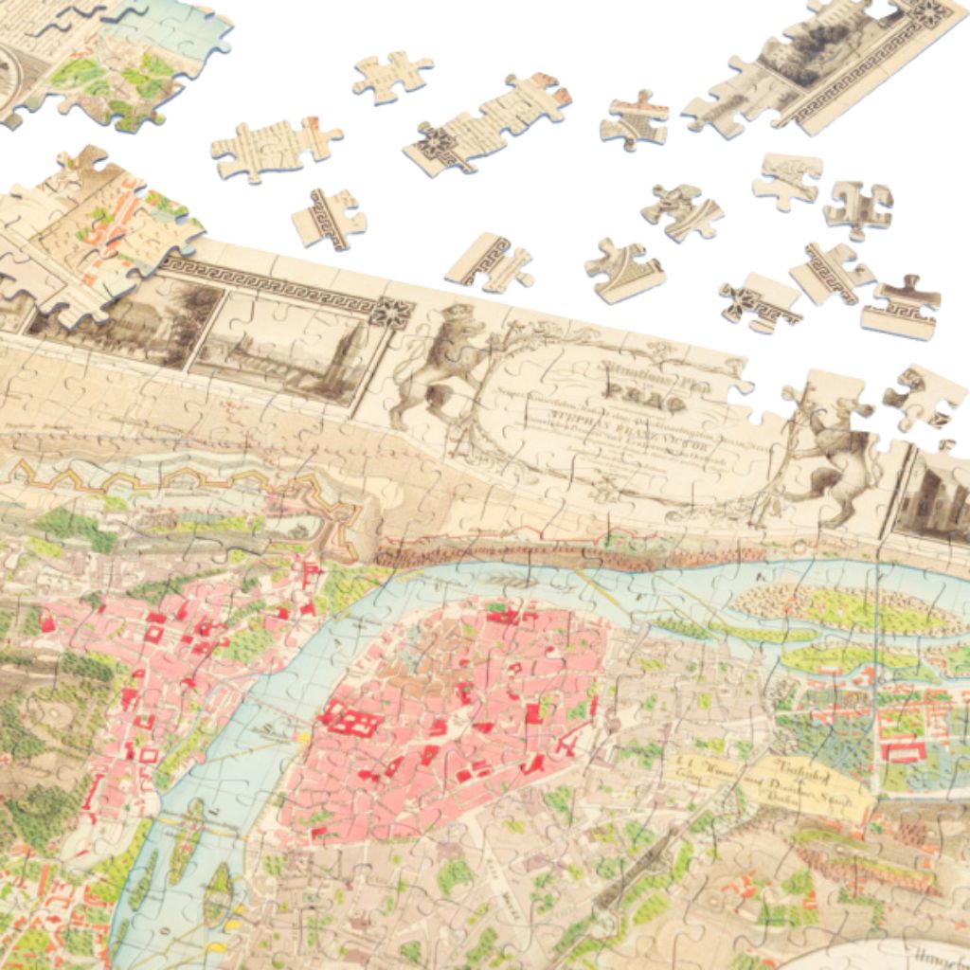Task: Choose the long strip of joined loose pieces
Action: click(488, 123)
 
